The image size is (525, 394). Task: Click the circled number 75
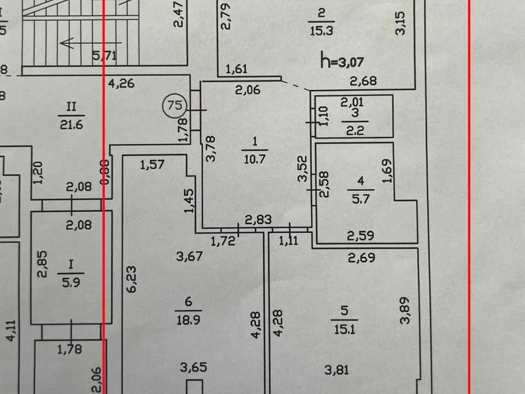click(x=174, y=106)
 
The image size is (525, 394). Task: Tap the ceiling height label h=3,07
click(x=342, y=61)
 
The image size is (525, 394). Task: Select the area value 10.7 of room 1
click(x=255, y=159)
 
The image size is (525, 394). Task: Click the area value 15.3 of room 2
click(x=321, y=31)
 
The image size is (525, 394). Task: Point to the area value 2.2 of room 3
click(x=355, y=130)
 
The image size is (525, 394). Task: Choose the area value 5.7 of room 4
click(x=360, y=199)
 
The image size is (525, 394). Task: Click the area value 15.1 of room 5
click(x=345, y=329)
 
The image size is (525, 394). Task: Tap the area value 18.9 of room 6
click(x=188, y=320)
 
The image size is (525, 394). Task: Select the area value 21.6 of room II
click(x=71, y=125)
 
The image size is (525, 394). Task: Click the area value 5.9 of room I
click(x=71, y=282)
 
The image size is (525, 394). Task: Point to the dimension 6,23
click(x=132, y=279)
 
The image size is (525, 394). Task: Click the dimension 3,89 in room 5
click(x=405, y=310)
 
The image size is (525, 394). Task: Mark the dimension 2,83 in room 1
click(x=258, y=220)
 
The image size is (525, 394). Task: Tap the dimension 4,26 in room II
click(x=121, y=83)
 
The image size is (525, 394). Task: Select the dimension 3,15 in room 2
click(x=400, y=23)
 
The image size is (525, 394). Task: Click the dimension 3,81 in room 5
click(x=337, y=370)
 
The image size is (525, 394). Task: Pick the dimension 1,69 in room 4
click(x=387, y=171)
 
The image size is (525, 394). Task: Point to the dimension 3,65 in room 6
click(x=193, y=367)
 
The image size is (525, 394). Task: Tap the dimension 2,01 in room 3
click(x=352, y=102)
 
